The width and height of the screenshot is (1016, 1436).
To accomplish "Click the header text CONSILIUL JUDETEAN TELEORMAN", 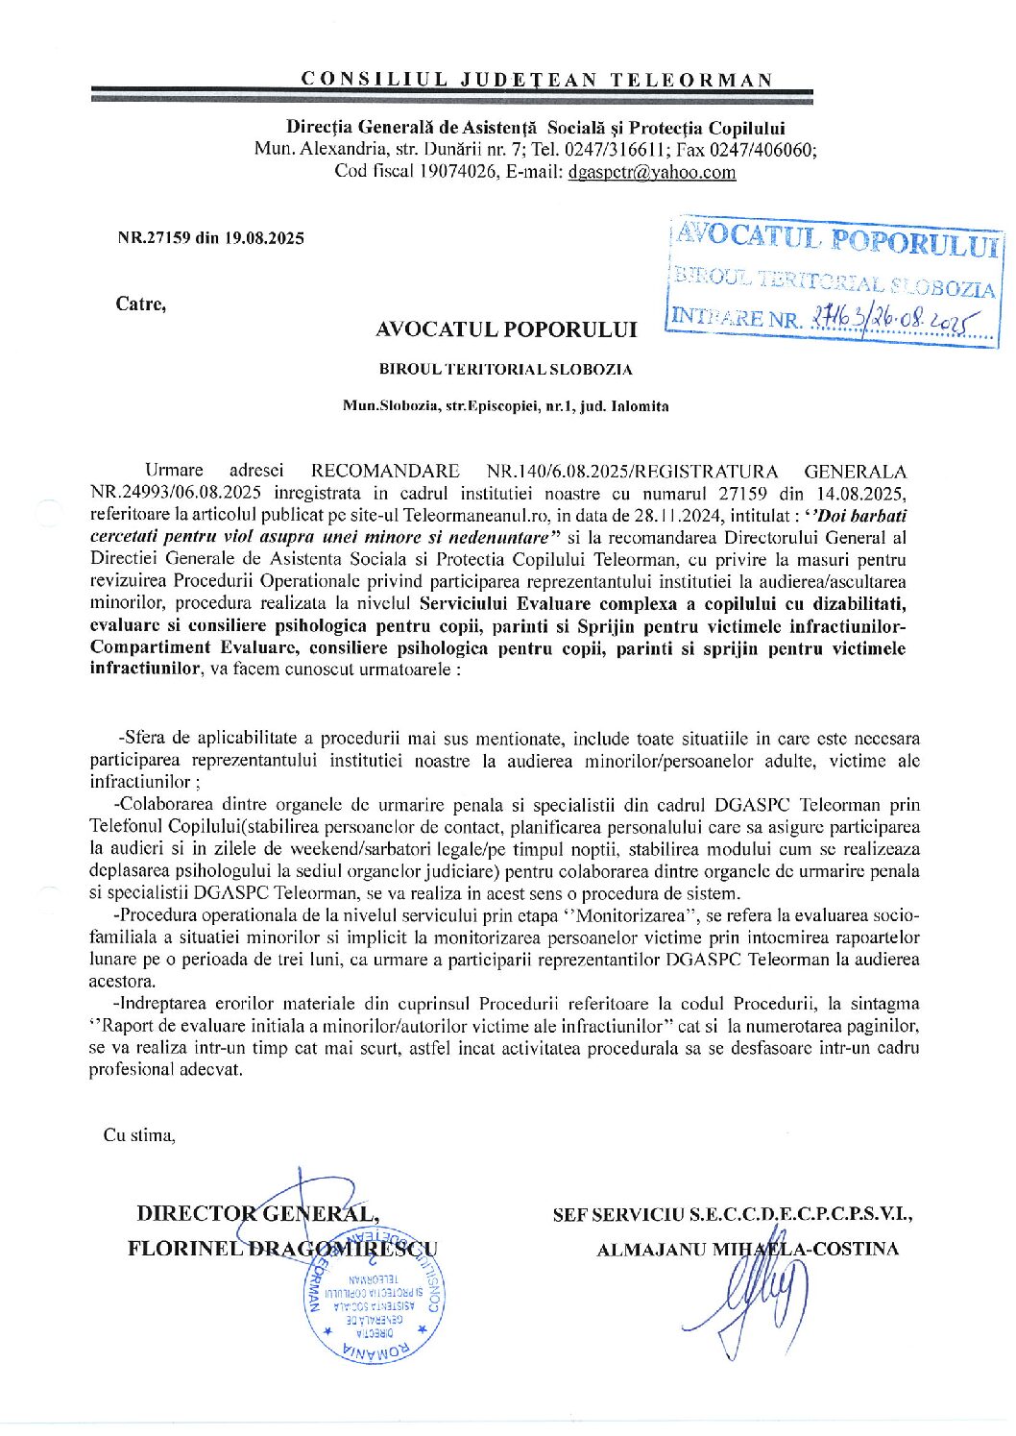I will [x=536, y=79].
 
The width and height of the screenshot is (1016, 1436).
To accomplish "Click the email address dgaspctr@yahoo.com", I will [x=652, y=172].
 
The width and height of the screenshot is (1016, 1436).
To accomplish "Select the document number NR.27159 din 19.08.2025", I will [x=210, y=238].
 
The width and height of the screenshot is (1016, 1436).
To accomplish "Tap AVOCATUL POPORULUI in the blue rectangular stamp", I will [x=836, y=239].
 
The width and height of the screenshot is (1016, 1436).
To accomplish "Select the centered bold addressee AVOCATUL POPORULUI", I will [x=506, y=329].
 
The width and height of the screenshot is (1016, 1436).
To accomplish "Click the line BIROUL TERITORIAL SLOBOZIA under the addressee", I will [x=506, y=369].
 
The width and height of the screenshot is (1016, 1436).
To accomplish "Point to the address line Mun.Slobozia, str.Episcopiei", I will [x=505, y=406].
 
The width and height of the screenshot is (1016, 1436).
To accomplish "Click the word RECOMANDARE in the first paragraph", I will [x=385, y=472].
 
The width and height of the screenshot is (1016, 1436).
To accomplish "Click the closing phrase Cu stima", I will [x=139, y=1135].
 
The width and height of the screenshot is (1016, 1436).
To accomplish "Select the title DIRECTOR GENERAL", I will [x=257, y=1213].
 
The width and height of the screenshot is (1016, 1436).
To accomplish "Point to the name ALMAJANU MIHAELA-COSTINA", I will [x=747, y=1250].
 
